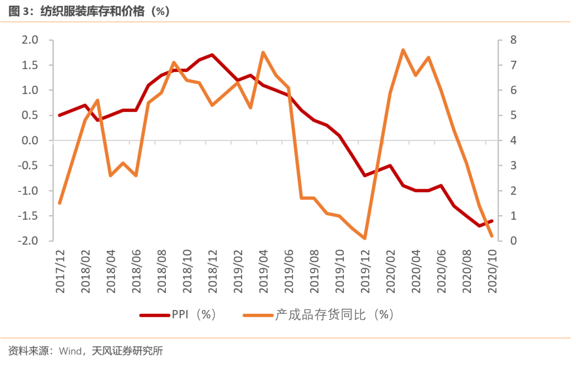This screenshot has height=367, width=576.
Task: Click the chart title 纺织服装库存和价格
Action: [x=94, y=11]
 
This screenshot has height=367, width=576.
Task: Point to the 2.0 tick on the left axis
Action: [x=30, y=40]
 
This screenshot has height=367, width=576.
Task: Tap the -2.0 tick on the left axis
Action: [x=28, y=241]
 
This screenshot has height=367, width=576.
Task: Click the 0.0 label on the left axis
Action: [x=30, y=141]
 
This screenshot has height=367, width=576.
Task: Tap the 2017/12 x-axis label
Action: [x=60, y=271]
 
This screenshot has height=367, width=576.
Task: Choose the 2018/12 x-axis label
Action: [x=212, y=271]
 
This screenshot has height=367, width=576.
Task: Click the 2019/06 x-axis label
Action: [x=289, y=271]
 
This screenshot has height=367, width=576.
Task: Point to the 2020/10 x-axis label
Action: [x=491, y=271]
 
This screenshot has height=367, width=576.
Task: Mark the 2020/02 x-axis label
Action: [x=390, y=271]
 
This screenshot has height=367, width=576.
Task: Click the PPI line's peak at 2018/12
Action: [x=212, y=55]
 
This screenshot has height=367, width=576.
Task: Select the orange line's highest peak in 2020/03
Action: [x=403, y=50]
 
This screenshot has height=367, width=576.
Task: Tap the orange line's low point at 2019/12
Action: [x=365, y=238]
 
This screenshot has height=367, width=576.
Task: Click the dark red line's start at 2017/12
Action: [x=60, y=115]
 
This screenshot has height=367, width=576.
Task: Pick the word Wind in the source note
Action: [x=69, y=351]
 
